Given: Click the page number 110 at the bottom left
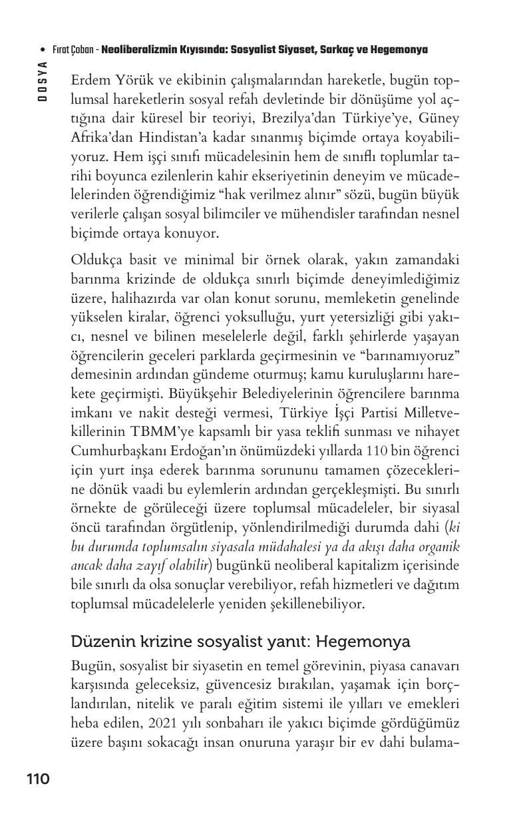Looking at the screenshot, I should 38,778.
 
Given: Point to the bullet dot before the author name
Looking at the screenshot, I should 43,50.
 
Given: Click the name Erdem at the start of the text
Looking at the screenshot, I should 89,81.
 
